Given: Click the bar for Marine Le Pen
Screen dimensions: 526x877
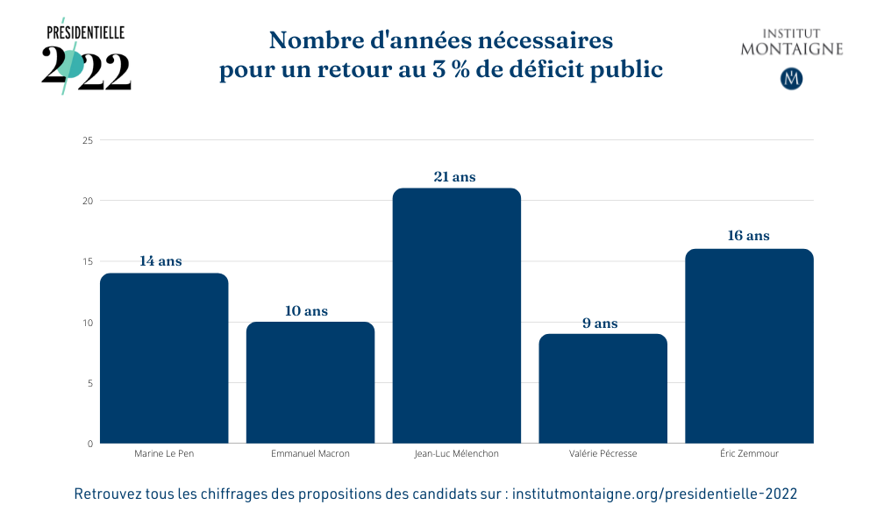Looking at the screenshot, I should pyautogui.click(x=164, y=359).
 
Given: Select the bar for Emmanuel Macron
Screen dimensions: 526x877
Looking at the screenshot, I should pyautogui.click(x=310, y=383).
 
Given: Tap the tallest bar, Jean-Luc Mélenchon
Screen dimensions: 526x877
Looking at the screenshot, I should pyautogui.click(x=456, y=316).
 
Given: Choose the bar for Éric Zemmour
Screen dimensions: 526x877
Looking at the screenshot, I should pyautogui.click(x=749, y=346).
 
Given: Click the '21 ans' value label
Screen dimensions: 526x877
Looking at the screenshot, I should pyautogui.click(x=454, y=177).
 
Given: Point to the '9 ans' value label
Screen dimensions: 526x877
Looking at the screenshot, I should pyautogui.click(x=600, y=323).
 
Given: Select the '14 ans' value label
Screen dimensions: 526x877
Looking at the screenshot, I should pyautogui.click(x=160, y=261).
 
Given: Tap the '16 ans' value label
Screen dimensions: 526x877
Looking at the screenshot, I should pyautogui.click(x=748, y=236).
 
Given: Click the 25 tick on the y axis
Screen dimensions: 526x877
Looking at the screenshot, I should pyautogui.click(x=87, y=140).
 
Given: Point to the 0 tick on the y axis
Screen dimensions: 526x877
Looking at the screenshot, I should pyautogui.click(x=89, y=444).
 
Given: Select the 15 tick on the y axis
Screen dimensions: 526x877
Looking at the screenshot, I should pyautogui.click(x=87, y=261).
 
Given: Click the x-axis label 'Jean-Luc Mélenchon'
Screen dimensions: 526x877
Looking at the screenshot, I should pyautogui.click(x=456, y=454).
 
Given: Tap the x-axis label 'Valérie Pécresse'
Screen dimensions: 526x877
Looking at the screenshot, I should pyautogui.click(x=602, y=454).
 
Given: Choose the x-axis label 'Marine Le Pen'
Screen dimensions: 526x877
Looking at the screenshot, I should pyautogui.click(x=164, y=454).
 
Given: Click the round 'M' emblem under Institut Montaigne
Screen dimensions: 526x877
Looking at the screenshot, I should pyautogui.click(x=792, y=78).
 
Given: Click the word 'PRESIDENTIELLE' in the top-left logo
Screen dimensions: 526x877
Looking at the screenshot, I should pyautogui.click(x=86, y=32).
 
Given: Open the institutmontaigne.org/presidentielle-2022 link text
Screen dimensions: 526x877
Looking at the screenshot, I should pyautogui.click(x=654, y=494).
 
